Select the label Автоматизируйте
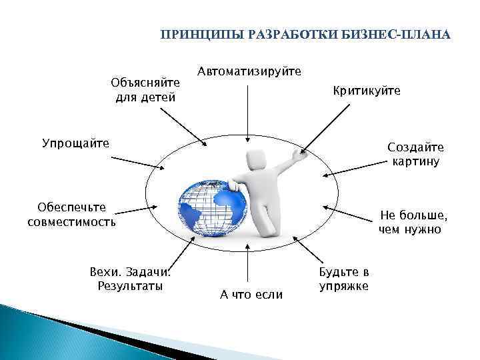249,71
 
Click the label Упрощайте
75,143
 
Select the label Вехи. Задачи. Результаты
130,279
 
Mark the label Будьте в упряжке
344,279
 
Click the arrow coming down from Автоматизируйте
247,113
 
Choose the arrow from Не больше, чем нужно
349,215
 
